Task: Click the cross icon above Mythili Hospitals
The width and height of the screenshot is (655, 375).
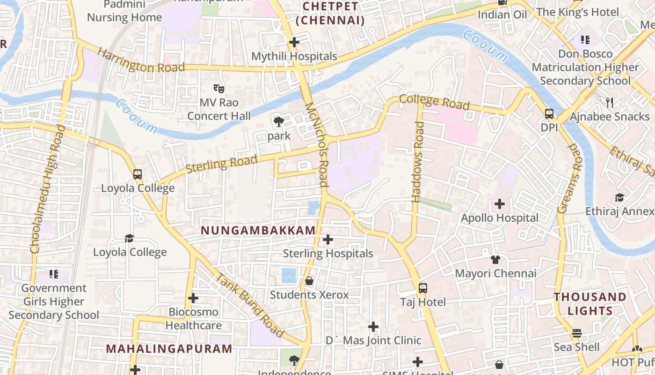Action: pyautogui.click(x=294, y=43)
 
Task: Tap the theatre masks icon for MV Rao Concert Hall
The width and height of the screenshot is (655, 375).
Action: pyautogui.click(x=218, y=88)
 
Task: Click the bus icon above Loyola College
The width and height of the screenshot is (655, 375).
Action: pyautogui.click(x=138, y=174)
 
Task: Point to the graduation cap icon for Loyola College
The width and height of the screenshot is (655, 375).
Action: pyautogui.click(x=130, y=239)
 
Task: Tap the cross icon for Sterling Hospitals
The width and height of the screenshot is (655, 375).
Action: pyautogui.click(x=328, y=240)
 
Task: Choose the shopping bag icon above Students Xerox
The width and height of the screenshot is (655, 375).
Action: pyautogui.click(x=309, y=281)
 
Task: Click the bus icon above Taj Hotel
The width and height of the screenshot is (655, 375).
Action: pyautogui.click(x=423, y=288)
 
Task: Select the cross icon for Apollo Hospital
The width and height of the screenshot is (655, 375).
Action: pyautogui.click(x=500, y=204)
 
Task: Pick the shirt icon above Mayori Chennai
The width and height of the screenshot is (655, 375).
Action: pyautogui.click(x=495, y=260)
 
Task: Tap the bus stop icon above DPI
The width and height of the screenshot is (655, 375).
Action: pyautogui.click(x=549, y=114)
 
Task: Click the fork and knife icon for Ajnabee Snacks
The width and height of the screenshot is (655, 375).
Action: pyautogui.click(x=609, y=103)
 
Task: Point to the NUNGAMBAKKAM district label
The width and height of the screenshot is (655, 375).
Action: pyautogui.click(x=258, y=231)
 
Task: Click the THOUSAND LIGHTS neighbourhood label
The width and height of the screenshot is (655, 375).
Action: pyautogui.click(x=589, y=304)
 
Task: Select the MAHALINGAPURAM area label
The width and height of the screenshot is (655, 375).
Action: pyautogui.click(x=169, y=349)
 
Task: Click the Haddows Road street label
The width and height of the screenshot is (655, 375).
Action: pyautogui.click(x=418, y=162)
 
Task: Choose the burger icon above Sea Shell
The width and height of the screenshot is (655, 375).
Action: pyautogui.click(x=576, y=333)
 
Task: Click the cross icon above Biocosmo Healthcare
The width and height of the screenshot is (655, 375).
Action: pyautogui.click(x=193, y=298)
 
